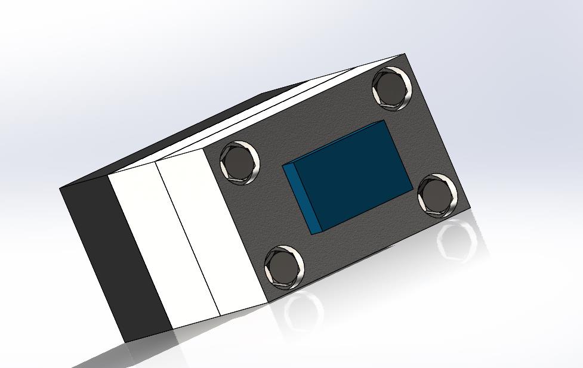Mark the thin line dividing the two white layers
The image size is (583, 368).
pos(189,239)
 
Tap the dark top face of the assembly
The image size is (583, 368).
pos(179,131)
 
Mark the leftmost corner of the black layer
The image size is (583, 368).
pos(60,188)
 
